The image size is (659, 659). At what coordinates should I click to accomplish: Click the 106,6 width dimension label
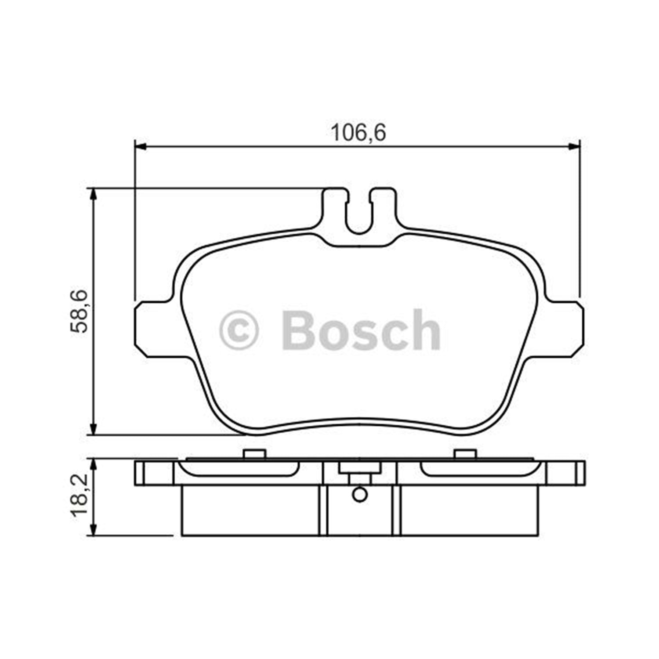click(x=358, y=133)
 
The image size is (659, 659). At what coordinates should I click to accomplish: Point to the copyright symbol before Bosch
click(x=239, y=330)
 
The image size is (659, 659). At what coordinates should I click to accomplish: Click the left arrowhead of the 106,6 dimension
click(x=140, y=147)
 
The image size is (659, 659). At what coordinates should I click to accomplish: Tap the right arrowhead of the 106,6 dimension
click(x=574, y=147)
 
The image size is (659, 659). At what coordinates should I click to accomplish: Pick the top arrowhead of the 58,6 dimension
click(x=93, y=194)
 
